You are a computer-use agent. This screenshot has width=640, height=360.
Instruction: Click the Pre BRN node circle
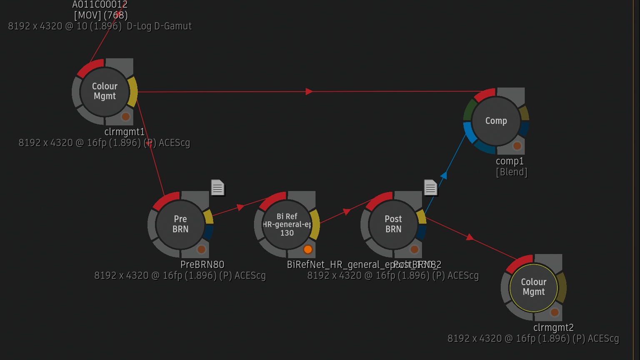180,224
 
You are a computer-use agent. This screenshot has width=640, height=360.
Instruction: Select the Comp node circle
496,121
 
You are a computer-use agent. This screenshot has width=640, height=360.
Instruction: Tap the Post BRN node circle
393,224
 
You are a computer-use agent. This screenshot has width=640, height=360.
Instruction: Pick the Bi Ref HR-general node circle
287,224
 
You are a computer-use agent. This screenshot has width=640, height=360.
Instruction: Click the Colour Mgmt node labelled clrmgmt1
105,91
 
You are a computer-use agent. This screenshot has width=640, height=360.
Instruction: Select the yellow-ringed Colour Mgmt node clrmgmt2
533,287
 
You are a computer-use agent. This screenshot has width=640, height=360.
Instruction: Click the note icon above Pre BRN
217,187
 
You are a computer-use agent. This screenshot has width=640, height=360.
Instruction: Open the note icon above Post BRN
430,187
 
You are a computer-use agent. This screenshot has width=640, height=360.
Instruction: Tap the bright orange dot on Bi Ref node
308,249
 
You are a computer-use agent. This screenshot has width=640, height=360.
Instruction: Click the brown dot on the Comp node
517,146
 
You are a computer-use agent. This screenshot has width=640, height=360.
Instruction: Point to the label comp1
510,161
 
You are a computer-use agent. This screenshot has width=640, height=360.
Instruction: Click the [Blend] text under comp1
511,172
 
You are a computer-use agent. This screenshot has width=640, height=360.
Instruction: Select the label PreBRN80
202,265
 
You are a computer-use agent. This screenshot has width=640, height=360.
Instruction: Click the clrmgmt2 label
553,327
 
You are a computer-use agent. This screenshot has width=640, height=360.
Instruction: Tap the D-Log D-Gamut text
159,26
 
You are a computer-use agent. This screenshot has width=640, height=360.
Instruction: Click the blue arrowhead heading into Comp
444,175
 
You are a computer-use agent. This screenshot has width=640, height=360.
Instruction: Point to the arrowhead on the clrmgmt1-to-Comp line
309,91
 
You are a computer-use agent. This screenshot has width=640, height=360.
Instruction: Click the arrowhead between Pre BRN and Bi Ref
240,207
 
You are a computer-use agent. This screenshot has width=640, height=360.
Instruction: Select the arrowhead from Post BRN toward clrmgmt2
470,237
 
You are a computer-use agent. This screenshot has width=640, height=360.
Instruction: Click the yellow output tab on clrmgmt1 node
133,91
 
